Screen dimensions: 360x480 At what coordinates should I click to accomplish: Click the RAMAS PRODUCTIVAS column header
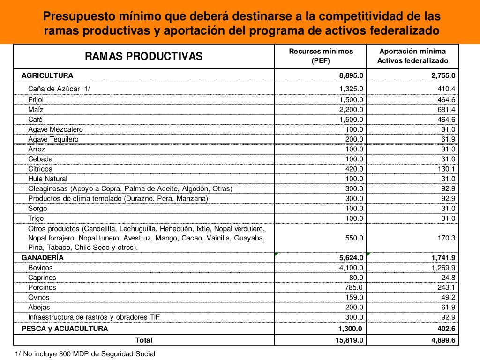click(x=143, y=56)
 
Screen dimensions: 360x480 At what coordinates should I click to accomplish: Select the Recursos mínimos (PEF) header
click(x=321, y=56)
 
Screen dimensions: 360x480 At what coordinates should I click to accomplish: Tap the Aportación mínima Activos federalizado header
click(x=412, y=56)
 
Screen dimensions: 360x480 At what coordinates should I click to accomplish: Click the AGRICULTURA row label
click(x=47, y=75)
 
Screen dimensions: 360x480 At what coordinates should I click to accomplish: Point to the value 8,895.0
click(x=351, y=75)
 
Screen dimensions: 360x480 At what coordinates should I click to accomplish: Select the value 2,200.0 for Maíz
click(x=352, y=109)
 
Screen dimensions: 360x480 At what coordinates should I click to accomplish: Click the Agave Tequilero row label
click(x=53, y=139)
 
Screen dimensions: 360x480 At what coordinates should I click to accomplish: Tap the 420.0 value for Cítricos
click(x=354, y=169)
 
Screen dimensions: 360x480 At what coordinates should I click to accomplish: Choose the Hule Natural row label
click(x=48, y=179)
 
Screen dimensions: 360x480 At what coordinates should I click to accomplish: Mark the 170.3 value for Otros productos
click(x=446, y=238)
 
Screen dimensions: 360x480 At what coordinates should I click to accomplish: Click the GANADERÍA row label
click(x=43, y=257)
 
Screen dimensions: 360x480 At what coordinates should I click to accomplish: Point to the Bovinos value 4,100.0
click(x=352, y=268)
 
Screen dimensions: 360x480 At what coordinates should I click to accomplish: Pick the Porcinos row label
click(x=42, y=287)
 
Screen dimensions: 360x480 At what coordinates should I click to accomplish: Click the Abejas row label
click(x=39, y=307)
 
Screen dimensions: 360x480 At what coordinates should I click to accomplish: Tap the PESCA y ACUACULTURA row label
click(x=65, y=329)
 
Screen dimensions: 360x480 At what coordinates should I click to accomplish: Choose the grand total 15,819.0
click(x=349, y=340)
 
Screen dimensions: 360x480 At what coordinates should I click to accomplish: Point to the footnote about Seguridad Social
click(x=85, y=354)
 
